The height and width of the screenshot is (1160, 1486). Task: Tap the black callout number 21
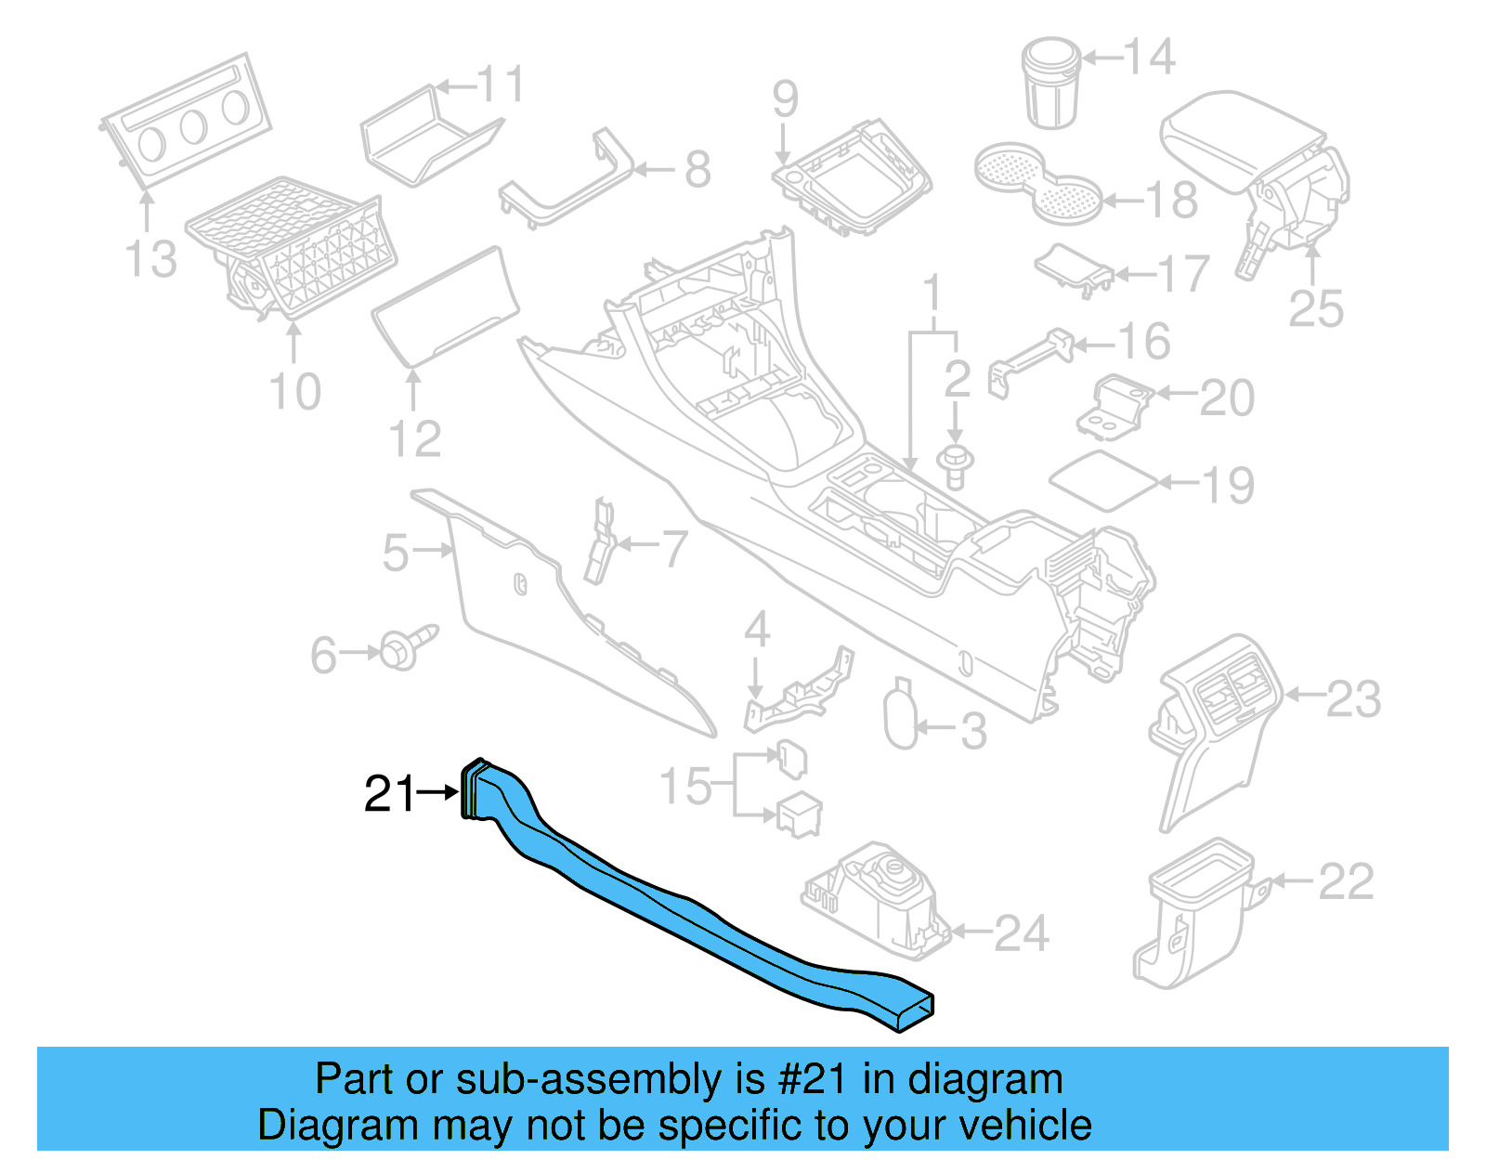click(x=389, y=794)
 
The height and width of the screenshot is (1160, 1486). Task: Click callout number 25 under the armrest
click(x=1315, y=308)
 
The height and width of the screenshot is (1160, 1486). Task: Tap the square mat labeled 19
click(x=1103, y=480)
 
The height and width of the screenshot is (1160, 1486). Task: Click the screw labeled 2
click(x=954, y=463)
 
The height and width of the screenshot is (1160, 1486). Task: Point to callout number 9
click(x=785, y=98)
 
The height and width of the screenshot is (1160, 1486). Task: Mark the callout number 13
click(x=150, y=259)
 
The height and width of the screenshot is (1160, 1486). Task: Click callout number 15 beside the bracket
click(x=685, y=786)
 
